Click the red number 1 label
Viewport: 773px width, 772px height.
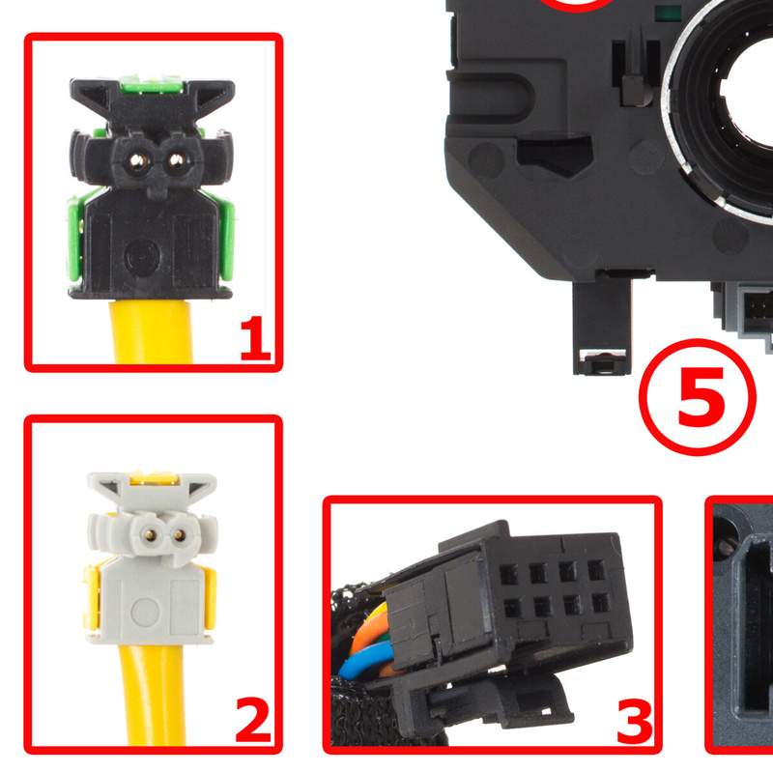pyautogui.click(x=255, y=339)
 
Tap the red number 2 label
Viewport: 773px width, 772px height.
pyautogui.click(x=253, y=720)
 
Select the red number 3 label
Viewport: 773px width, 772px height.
pyautogui.click(x=635, y=722)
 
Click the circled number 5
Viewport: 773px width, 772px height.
pyautogui.click(x=697, y=397)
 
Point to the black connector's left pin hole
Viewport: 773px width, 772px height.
pyautogui.click(x=137, y=159)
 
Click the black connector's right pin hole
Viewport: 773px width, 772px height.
pyautogui.click(x=177, y=159)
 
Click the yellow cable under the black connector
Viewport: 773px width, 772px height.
pyautogui.click(x=152, y=331)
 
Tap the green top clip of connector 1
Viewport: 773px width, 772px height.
pyautogui.click(x=152, y=84)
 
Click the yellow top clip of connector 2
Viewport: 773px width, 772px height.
pyautogui.click(x=153, y=476)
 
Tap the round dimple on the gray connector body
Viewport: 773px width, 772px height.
pyautogui.click(x=146, y=612)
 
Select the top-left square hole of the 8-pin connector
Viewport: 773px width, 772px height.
pyautogui.click(x=509, y=574)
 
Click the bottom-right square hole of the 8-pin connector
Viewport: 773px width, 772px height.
pyautogui.click(x=601, y=602)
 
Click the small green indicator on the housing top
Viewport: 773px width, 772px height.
pyautogui.click(x=668, y=13)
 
